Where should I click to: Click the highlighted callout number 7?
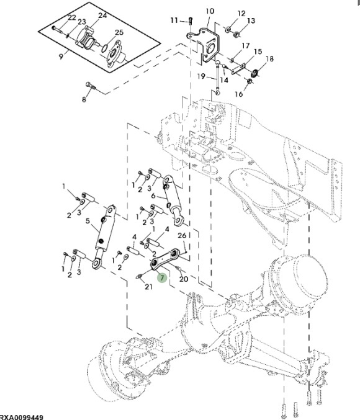(x=162, y=278)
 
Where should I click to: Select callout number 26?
(x=182, y=236)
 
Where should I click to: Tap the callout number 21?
(x=148, y=287)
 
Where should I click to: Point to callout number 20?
(x=184, y=279)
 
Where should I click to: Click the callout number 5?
(x=88, y=221)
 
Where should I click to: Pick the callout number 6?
(x=153, y=196)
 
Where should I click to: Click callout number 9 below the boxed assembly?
(x=61, y=56)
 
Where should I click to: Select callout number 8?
(x=84, y=99)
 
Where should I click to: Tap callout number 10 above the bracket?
(x=210, y=11)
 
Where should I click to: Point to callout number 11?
(x=174, y=20)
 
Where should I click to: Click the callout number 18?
(x=269, y=59)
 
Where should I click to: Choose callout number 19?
(x=201, y=76)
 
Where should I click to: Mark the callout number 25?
(x=119, y=32)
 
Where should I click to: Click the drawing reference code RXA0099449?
(x=22, y=418)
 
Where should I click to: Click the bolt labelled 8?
(x=91, y=86)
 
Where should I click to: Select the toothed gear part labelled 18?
(x=255, y=73)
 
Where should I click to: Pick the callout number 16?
(x=238, y=94)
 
